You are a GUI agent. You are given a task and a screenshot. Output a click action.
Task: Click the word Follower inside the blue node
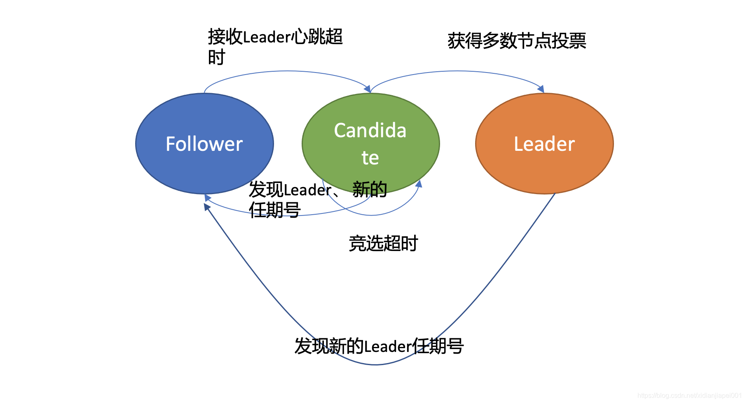coord(204,144)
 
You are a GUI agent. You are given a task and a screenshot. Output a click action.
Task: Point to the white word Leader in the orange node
coord(544,144)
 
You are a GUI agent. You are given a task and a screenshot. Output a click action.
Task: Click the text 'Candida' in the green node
coord(370,130)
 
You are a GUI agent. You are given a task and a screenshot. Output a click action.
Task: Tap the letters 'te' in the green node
coord(370,157)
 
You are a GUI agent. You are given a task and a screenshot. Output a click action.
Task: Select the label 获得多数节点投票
coord(517,41)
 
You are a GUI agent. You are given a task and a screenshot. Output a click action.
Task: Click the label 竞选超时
coord(383,243)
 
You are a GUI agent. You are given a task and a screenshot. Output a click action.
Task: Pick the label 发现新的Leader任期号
coord(379,346)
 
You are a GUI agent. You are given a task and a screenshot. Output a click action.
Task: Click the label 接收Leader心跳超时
coord(275,37)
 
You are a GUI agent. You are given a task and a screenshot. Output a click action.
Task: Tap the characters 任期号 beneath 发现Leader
coord(275,210)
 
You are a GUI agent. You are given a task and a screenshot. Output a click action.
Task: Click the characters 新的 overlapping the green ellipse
coord(370,189)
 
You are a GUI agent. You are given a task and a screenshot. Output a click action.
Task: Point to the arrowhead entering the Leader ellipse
coord(541,89)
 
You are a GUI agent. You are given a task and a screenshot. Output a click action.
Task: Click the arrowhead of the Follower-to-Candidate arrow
coord(367,89)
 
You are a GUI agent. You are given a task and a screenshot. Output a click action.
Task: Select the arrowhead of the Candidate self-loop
coord(419,184)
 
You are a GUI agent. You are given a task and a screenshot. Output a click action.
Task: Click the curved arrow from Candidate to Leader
coord(457,71)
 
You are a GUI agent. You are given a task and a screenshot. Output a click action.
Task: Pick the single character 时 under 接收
coord(216,57)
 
